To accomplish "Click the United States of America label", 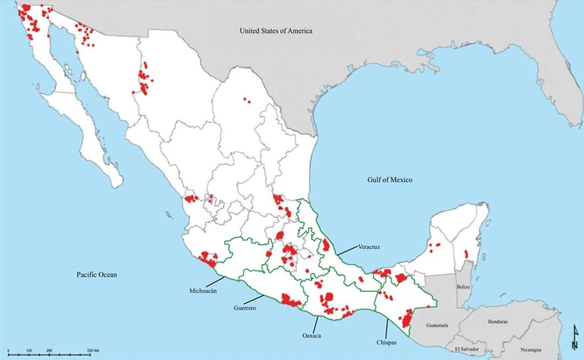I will click(276, 31).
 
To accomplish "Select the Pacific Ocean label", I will click(96, 275).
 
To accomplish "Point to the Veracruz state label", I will click(369, 247).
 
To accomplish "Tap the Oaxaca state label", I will click(312, 336).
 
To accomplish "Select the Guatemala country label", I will click(438, 325).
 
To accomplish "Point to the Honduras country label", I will click(498, 322).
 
